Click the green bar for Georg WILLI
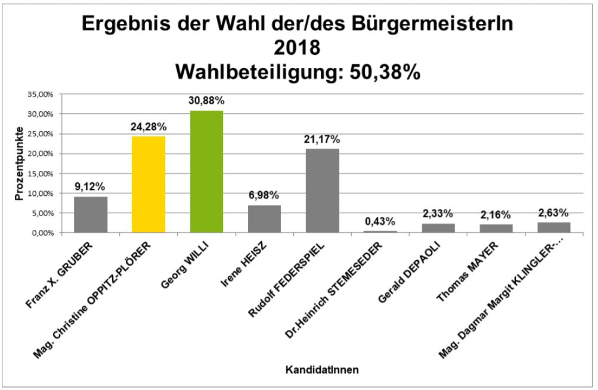207,171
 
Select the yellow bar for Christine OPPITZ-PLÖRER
148,184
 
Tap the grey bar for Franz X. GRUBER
91,214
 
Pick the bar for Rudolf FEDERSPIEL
323,191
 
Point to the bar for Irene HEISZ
265,219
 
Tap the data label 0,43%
380,222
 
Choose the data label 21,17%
323,140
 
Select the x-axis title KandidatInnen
323,370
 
